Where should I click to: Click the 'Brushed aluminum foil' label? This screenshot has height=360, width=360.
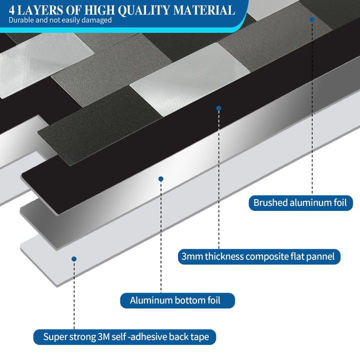point(301,203)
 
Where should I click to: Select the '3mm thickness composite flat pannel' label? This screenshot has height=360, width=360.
point(259,257)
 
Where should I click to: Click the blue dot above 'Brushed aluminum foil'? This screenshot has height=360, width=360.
point(311,19)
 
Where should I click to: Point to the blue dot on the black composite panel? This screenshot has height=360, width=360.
point(218,108)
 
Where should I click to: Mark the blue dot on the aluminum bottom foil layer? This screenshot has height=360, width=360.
point(160,178)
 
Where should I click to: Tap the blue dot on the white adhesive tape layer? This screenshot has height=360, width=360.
point(74,259)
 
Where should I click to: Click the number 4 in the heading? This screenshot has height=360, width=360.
point(11,10)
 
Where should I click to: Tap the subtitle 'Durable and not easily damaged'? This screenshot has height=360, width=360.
point(60,20)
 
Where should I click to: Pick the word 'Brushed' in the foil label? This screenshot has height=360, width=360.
point(270,203)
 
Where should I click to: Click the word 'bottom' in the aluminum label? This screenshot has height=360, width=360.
point(187,300)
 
